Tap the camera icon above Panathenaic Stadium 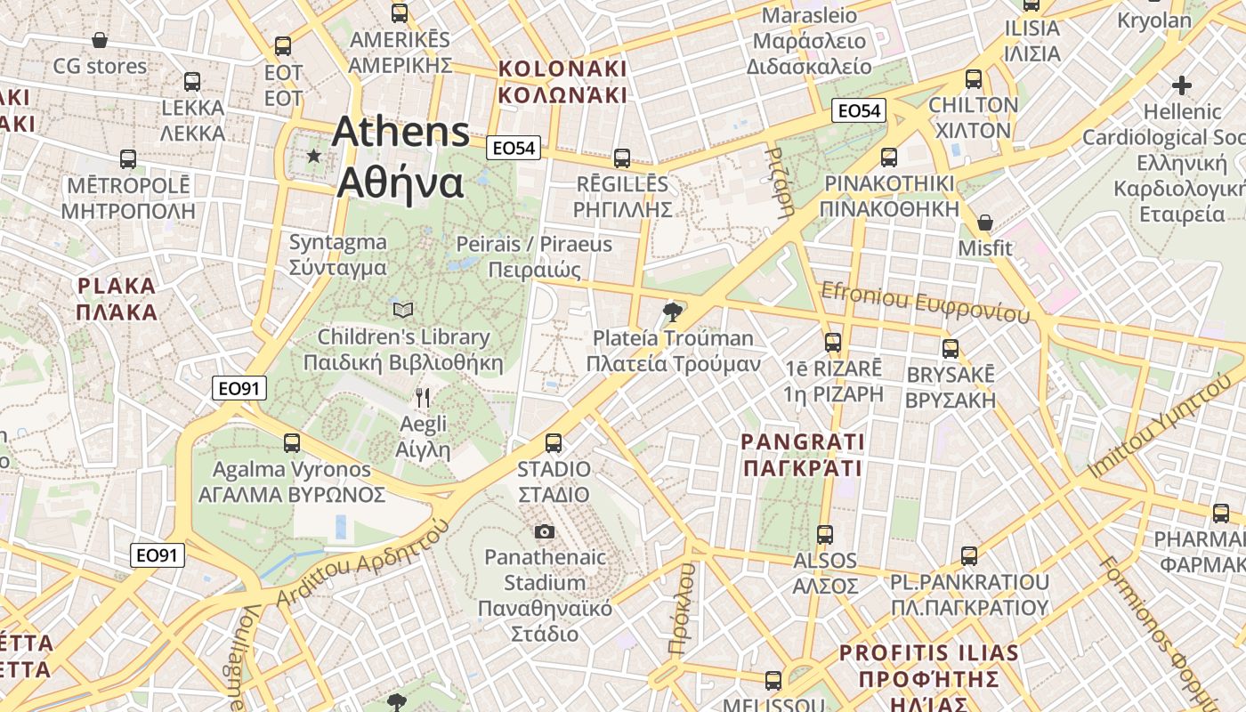(545, 531)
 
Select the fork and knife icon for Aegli (423, 397)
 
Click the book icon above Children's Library (403, 310)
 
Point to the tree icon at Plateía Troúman (673, 311)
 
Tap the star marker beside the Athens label (313, 156)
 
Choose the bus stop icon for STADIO (554, 442)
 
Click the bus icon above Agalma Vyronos (292, 442)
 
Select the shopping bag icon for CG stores (100, 40)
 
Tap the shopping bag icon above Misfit (985, 222)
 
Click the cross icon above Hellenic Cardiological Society (1181, 85)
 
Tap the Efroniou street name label (925, 303)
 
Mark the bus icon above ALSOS (825, 534)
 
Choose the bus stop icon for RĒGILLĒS (622, 158)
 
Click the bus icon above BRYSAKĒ (951, 348)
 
